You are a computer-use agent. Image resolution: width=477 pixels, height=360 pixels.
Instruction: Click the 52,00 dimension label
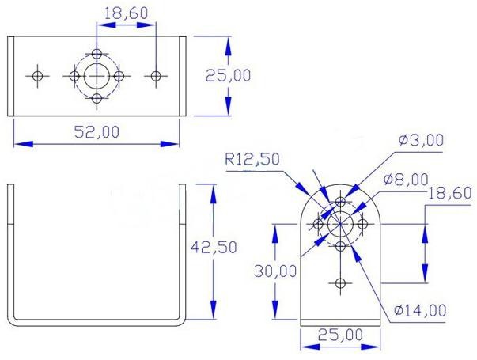click(x=97, y=132)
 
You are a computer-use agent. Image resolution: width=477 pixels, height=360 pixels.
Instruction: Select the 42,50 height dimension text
click(x=214, y=247)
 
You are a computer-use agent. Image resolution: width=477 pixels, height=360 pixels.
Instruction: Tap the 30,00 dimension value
click(x=274, y=271)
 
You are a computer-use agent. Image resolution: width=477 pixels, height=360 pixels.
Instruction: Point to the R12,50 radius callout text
click(x=252, y=159)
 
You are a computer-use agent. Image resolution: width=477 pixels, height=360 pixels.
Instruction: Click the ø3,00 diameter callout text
click(x=422, y=141)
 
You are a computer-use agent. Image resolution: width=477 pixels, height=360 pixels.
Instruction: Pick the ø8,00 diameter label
click(x=406, y=179)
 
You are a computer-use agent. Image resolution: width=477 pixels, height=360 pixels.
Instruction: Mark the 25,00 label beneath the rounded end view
click(x=340, y=335)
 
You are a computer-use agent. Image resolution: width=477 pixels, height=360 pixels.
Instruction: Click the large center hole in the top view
click(x=97, y=76)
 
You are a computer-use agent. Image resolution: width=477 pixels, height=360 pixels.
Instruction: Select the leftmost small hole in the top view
click(x=37, y=76)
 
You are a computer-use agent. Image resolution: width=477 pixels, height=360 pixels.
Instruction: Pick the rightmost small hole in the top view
click(x=156, y=76)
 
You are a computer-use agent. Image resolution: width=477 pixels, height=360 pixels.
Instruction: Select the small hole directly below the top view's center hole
click(x=97, y=98)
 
